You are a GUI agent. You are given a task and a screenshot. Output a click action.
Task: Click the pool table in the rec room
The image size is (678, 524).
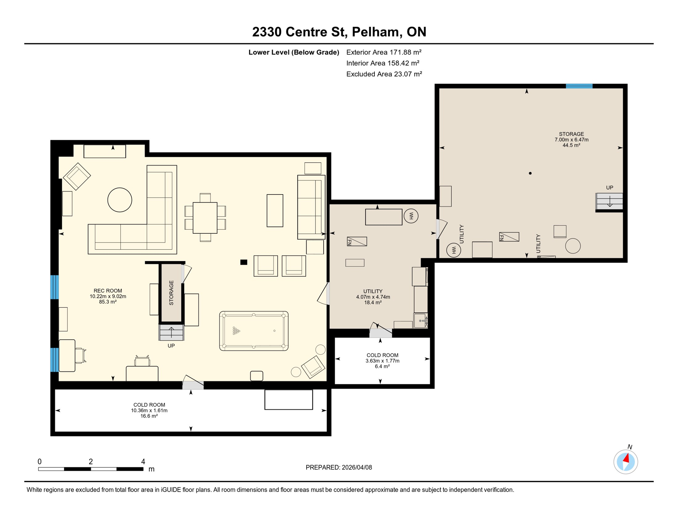pyautogui.click(x=254, y=331)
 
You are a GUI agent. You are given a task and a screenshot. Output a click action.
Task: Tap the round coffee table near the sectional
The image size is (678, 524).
pyautogui.click(x=120, y=200)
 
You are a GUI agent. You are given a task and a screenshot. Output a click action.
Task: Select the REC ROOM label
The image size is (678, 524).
pyautogui.click(x=108, y=291)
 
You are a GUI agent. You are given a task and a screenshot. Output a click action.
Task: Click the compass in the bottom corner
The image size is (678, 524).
pyautogui.click(x=625, y=462)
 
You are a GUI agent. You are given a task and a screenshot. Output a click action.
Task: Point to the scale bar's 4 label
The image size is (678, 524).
pyautogui.click(x=143, y=462)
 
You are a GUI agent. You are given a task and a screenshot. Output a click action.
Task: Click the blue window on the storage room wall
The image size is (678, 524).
pyautogui.click(x=579, y=86)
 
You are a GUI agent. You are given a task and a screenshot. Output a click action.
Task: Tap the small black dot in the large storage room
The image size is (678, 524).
pyautogui.click(x=530, y=173)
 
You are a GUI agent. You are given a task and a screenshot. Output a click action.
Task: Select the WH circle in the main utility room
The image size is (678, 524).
pyautogui.click(x=411, y=216)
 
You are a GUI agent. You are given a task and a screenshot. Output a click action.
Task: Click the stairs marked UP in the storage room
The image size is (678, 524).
pyautogui.click(x=609, y=201)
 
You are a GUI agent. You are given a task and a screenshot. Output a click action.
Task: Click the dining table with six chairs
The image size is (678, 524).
pyautogui.click(x=205, y=218)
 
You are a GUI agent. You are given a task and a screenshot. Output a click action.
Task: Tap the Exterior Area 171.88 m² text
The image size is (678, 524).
pyautogui.click(x=384, y=52)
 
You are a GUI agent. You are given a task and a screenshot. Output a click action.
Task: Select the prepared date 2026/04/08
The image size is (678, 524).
pyautogui.click(x=339, y=467)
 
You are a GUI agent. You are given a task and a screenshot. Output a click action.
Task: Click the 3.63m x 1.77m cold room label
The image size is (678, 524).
pyautogui.click(x=382, y=361)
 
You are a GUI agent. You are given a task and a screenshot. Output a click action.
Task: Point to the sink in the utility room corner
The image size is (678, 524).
pyautogui.click(x=421, y=321)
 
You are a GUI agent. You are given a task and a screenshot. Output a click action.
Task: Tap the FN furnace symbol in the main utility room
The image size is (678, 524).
pyautogui.click(x=357, y=242)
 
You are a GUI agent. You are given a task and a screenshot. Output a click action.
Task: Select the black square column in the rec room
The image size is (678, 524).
pyautogui.click(x=244, y=262)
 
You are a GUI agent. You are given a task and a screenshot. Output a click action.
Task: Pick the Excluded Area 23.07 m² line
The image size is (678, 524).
pyautogui.click(x=384, y=74)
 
